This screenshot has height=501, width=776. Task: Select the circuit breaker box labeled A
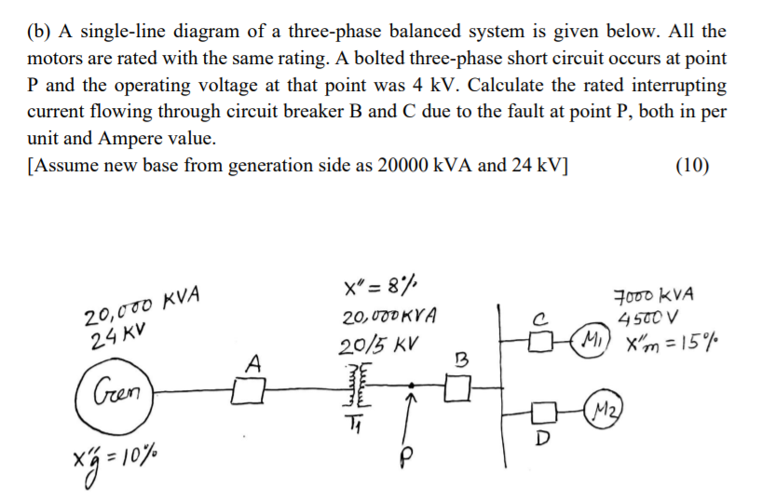pos(245,386)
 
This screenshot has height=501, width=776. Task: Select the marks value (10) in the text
pos(691,167)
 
